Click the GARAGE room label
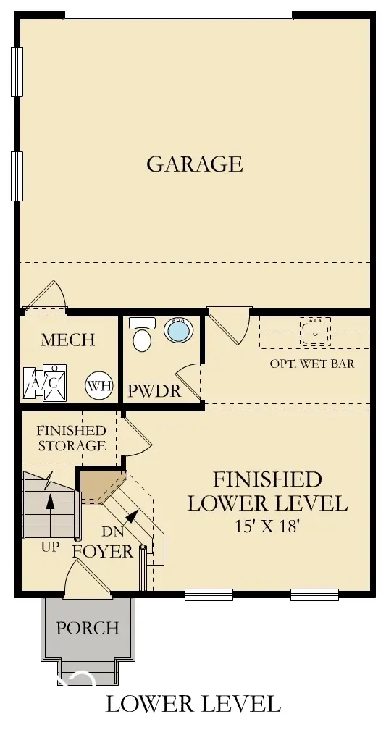coord(194,164)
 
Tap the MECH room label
coord(68,340)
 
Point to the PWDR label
coord(154,391)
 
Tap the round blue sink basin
coord(177,331)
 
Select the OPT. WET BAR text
coord(312,363)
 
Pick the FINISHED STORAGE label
coord(71,437)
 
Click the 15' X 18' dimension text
coord(267,526)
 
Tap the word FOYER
coord(103,551)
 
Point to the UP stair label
coord(50,547)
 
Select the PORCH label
coord(87,627)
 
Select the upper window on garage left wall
coord(17,72)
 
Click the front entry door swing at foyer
coord(87,579)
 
